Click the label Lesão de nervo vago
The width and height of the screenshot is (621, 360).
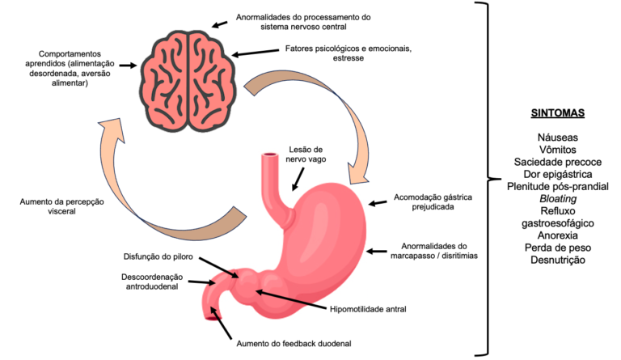[x=305, y=154]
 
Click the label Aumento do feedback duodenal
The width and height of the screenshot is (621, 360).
[x=293, y=343]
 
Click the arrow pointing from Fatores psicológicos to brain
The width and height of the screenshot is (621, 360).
[x=256, y=51]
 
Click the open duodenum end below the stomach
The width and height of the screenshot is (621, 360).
[x=213, y=315]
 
